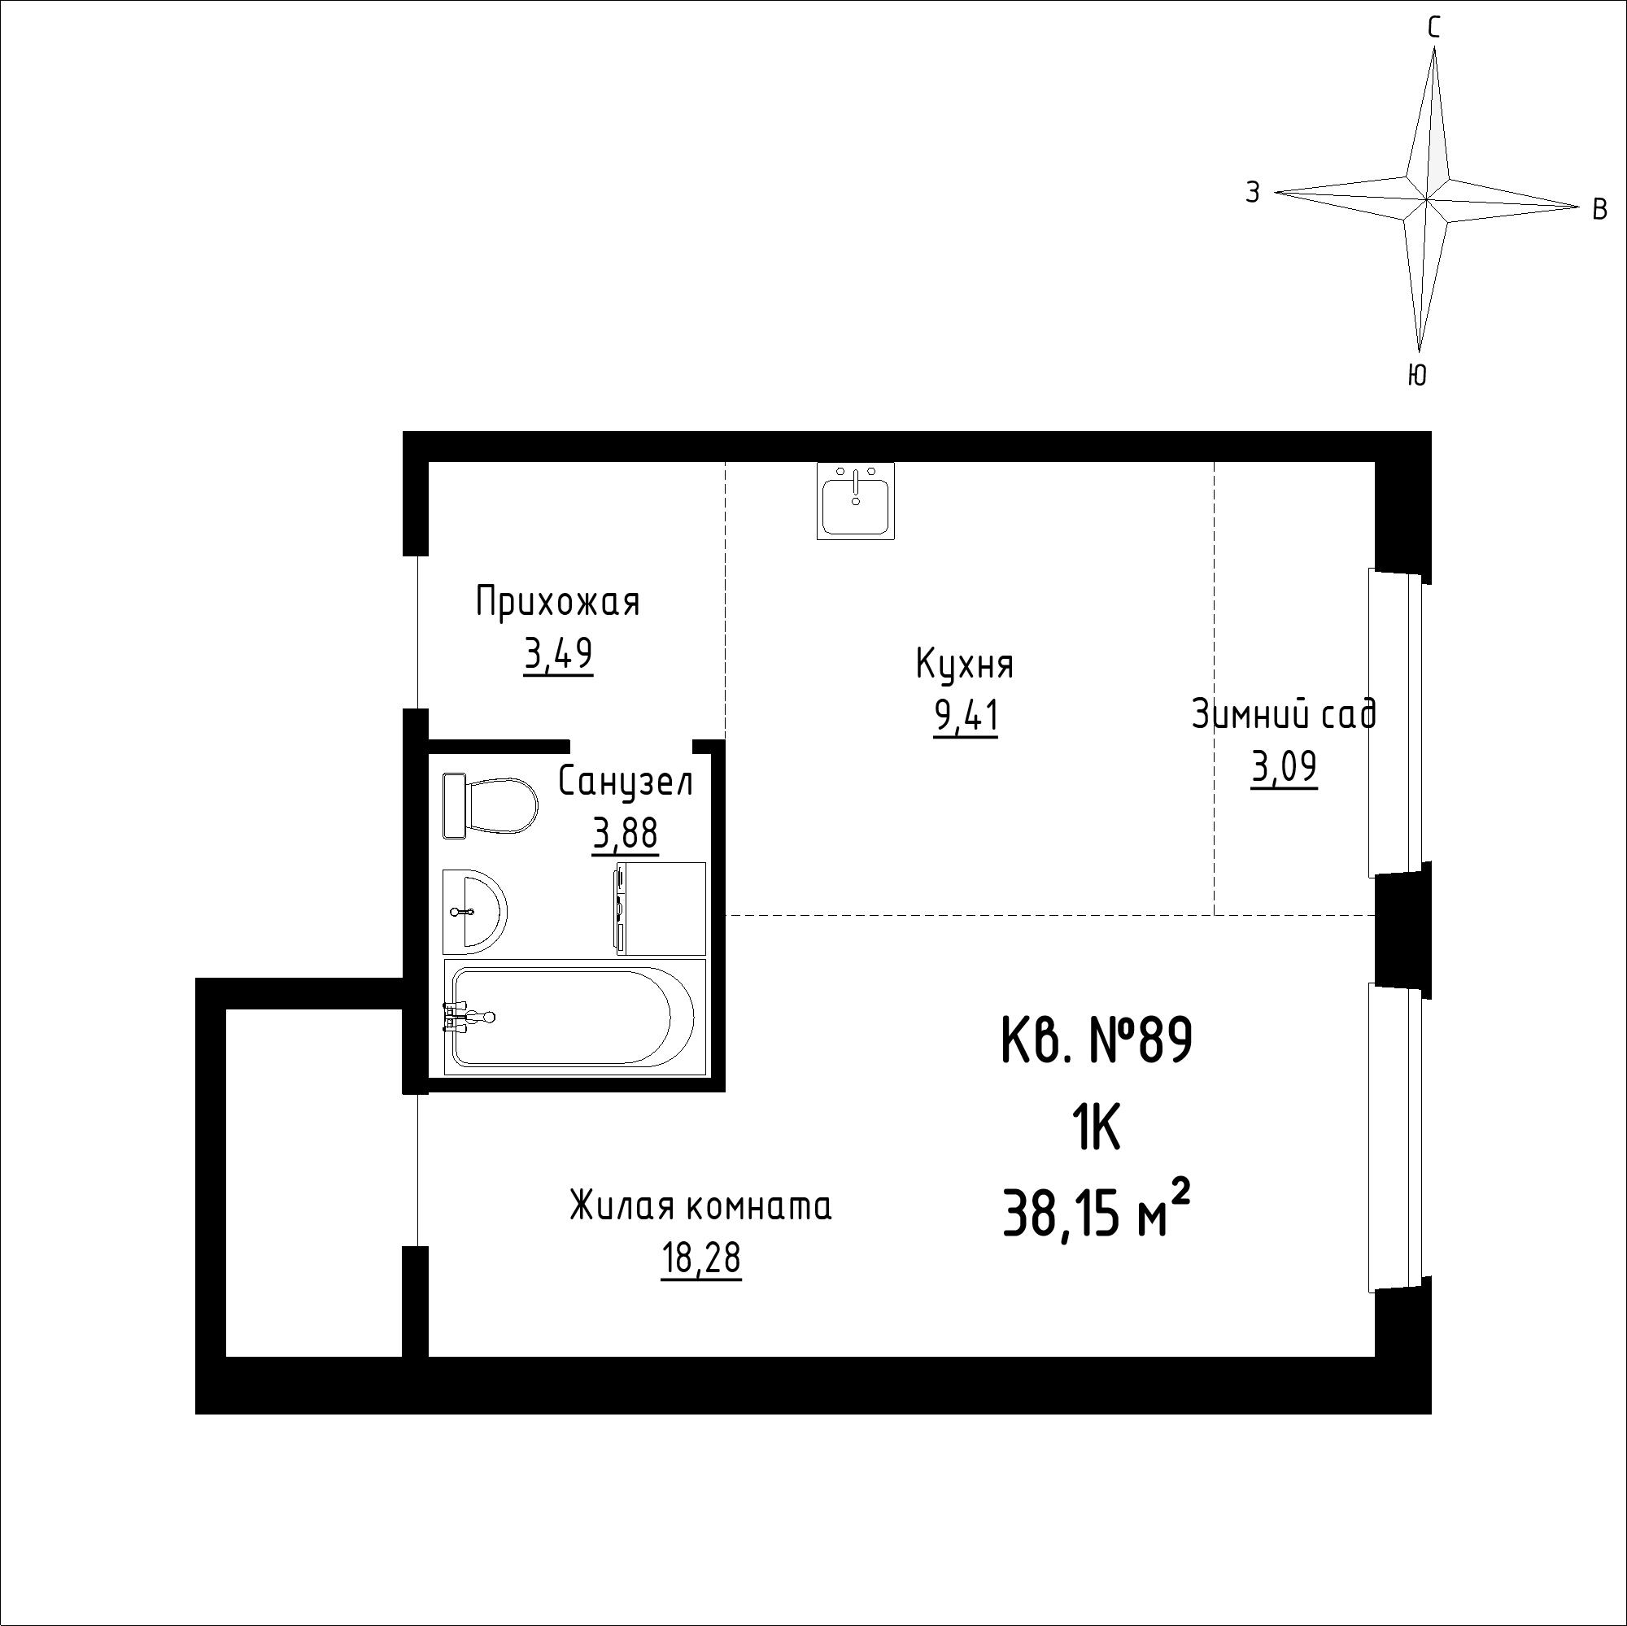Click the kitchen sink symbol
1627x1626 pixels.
coord(856,500)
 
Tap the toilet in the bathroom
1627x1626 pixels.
coord(490,805)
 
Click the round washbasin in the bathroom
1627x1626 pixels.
coord(474,912)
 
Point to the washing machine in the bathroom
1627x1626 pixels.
coord(661,908)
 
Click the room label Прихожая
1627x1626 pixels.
coord(557,603)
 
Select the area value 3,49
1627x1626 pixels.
coord(558,653)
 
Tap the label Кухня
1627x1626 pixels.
coord(965,665)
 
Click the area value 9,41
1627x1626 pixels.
coord(966,717)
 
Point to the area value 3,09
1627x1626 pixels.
coord(1285,767)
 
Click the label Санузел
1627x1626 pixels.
coord(626,782)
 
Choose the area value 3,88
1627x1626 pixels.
coord(625,835)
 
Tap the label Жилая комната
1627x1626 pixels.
coord(700,1205)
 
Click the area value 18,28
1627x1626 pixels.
coord(700,1258)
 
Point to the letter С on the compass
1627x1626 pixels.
coord(1434,28)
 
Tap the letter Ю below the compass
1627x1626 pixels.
coord(1417,375)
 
